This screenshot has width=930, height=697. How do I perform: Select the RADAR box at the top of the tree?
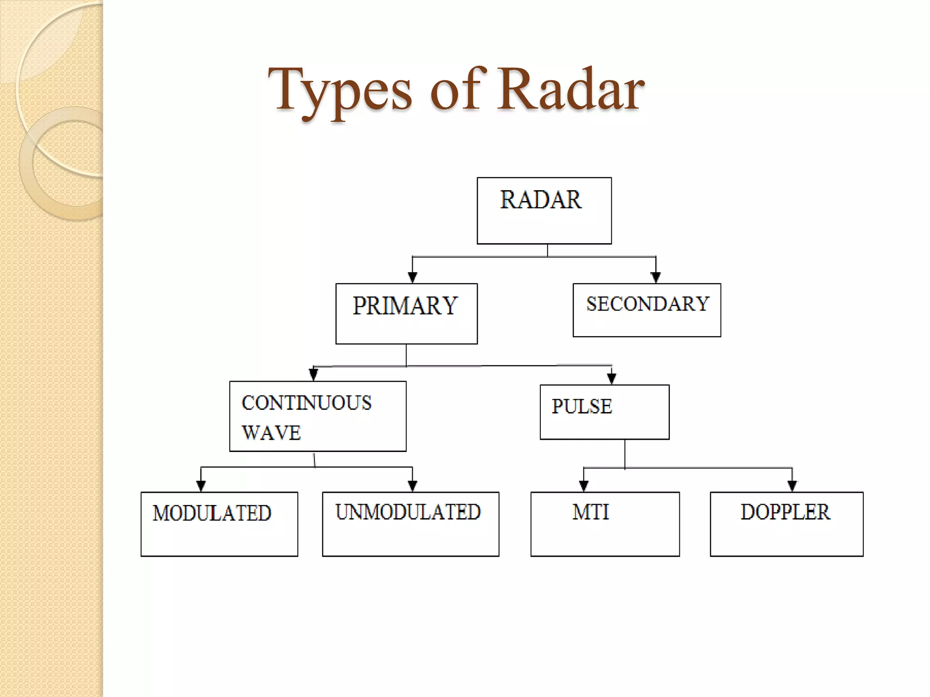pos(544,211)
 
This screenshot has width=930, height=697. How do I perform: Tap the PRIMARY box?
pos(406,314)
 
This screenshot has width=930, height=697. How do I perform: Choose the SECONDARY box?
pos(647,310)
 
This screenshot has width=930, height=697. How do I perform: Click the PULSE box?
pos(604,412)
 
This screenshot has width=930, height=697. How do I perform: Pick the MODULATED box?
pos(219,524)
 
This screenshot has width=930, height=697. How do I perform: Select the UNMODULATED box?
pos(411,524)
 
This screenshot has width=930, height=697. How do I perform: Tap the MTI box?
pos(605,524)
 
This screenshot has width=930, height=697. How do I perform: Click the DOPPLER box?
pos(787,524)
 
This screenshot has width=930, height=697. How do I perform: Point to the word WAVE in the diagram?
pos(271,433)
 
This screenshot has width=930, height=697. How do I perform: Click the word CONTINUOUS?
pos(307,403)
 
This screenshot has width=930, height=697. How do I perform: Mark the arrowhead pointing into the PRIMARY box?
pos(412,277)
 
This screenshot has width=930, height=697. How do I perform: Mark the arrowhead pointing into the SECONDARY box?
pos(656,277)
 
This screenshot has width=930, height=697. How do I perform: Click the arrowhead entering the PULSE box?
pos(612,378)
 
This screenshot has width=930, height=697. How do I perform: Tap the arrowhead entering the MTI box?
pos(584,486)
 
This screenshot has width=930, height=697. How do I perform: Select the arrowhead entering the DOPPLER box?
pos(792,486)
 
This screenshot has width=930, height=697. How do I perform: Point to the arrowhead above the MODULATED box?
pos(201,486)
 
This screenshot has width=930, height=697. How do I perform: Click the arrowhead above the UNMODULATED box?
pos(412,486)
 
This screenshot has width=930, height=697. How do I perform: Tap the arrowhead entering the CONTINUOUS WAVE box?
pos(313,375)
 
